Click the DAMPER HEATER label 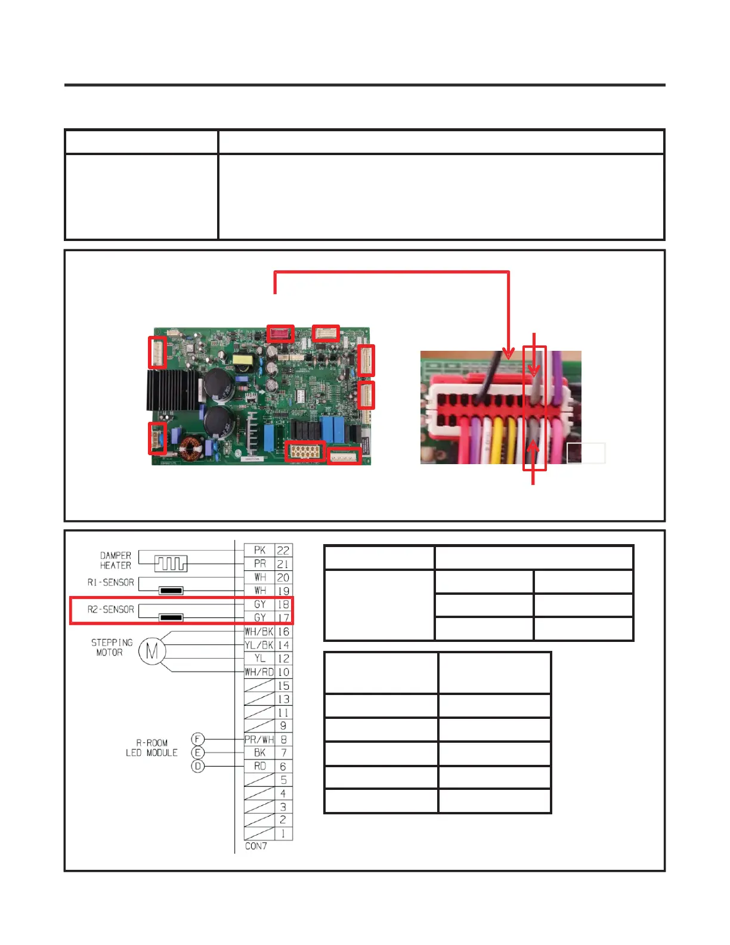(115, 560)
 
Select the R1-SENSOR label (110, 582)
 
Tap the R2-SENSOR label (110, 609)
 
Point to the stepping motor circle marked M (151, 651)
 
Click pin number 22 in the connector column (283, 550)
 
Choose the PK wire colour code (259, 550)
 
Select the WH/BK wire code (259, 631)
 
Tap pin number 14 (283, 645)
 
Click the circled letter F (198, 739)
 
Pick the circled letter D (198, 766)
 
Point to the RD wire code (260, 766)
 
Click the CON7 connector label (256, 846)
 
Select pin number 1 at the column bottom (283, 833)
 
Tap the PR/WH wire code (259, 739)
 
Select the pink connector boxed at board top (280, 333)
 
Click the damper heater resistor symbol (171, 563)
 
